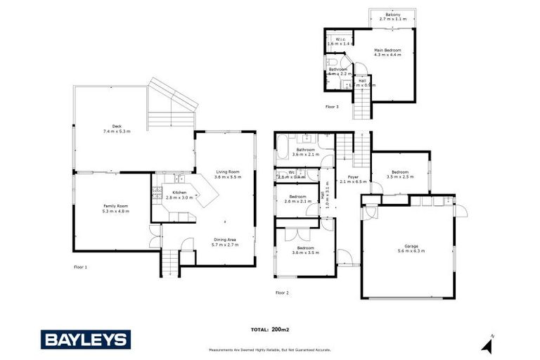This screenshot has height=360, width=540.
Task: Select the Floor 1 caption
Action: (x=81, y=267)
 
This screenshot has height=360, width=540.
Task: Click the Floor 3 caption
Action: (x=332, y=107)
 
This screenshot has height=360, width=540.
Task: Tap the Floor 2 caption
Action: (x=282, y=292)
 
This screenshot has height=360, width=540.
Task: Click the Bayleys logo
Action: (x=86, y=340)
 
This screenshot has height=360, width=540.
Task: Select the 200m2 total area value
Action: (x=281, y=329)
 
